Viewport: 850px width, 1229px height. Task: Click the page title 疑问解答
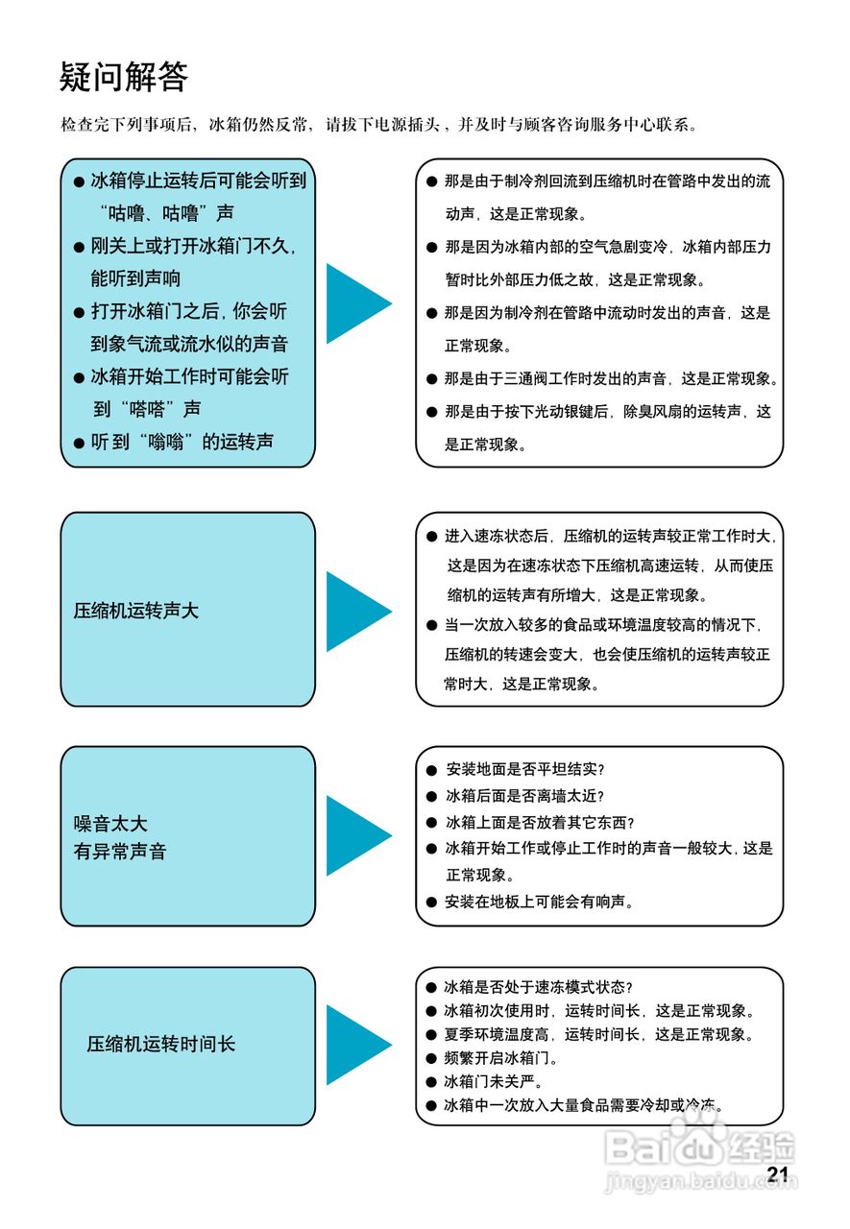[124, 77]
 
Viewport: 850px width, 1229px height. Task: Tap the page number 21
[777, 1174]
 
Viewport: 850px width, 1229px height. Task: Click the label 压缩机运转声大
[136, 611]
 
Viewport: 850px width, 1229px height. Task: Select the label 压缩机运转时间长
[161, 1045]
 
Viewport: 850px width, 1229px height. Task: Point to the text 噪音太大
[110, 824]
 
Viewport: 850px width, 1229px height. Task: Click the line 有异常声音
[120, 852]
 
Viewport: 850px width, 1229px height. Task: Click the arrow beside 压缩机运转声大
[356, 612]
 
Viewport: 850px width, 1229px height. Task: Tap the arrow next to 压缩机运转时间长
[356, 1045]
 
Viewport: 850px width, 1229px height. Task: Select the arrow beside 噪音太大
[356, 835]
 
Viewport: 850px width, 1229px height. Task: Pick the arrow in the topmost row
[356, 303]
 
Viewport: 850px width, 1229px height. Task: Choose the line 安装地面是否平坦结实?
[525, 770]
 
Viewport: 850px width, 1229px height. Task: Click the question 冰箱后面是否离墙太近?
[525, 796]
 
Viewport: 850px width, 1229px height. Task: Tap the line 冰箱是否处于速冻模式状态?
[539, 987]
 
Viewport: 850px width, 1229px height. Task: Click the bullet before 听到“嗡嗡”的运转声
[80, 443]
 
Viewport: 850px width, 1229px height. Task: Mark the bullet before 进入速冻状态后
[432, 535]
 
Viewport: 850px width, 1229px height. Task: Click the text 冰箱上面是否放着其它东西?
[541, 823]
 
